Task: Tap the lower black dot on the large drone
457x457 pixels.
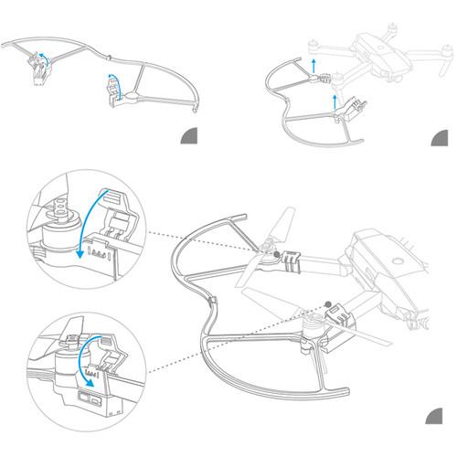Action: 326,303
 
